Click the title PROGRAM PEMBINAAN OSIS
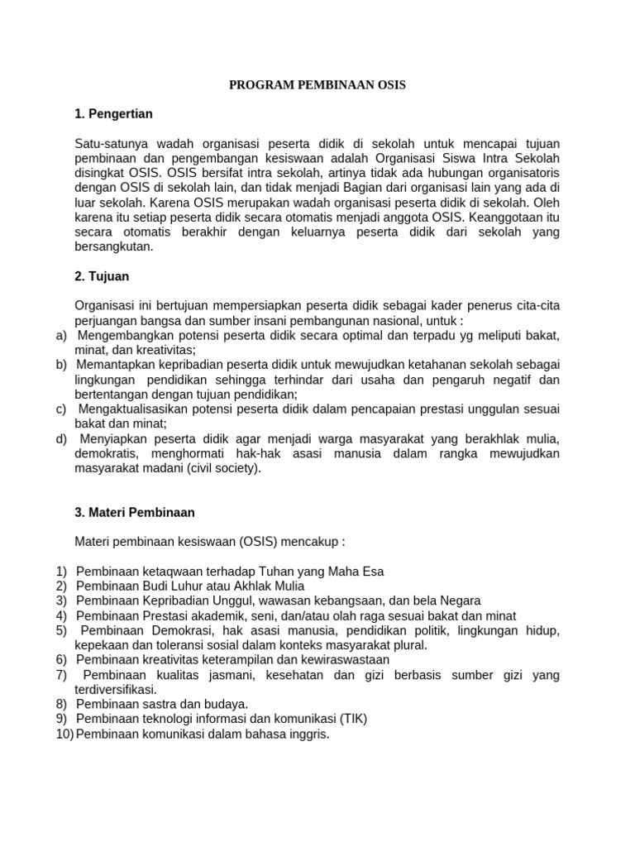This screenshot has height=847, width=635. [317, 85]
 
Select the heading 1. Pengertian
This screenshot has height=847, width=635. [113, 113]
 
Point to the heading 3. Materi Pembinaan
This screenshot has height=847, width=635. [135, 512]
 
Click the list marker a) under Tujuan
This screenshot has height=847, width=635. [62, 335]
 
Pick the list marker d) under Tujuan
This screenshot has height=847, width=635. [62, 438]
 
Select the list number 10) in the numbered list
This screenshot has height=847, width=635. [64, 734]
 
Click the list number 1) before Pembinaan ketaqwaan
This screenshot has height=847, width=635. [62, 571]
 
